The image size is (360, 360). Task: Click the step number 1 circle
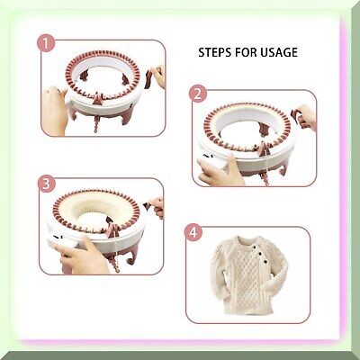point(46,44)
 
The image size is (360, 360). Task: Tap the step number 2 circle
point(198,94)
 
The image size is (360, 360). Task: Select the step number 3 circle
point(47,184)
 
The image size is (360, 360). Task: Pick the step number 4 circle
point(193,232)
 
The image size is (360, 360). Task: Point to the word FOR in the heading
point(246,52)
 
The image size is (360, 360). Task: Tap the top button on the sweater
point(255,247)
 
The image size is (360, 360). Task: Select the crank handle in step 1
point(149,79)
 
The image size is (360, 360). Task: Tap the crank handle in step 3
point(148,205)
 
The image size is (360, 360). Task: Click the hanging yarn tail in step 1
point(96,123)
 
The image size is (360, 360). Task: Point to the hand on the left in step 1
point(55,111)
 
